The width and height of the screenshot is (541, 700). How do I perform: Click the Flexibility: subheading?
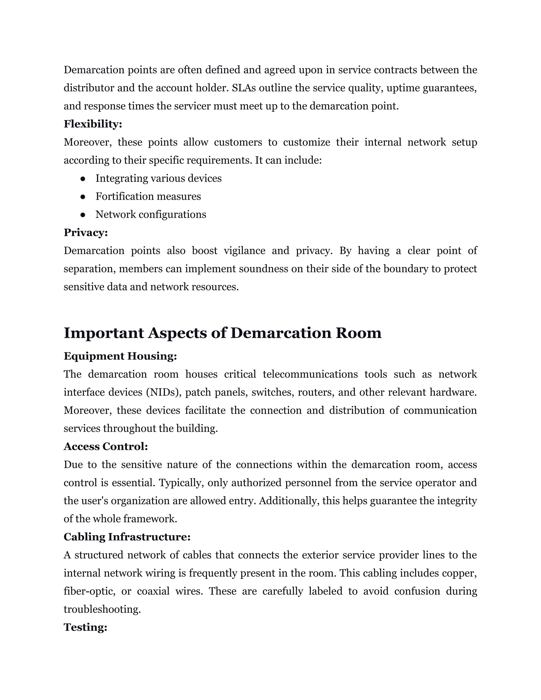pyautogui.click(x=93, y=124)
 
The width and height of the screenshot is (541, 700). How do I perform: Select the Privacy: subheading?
pyautogui.click(x=86, y=232)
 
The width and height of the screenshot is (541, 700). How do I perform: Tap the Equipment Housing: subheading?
pyautogui.click(x=120, y=356)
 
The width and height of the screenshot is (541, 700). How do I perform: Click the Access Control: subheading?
pyautogui.click(x=106, y=446)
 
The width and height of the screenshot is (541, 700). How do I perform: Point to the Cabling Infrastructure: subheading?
pyautogui.click(x=127, y=537)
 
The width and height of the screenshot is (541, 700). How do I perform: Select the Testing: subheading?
pyautogui.click(x=85, y=627)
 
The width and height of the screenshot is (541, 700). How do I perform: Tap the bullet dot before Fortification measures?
pyautogui.click(x=83, y=197)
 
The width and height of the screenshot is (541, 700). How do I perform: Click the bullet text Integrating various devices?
pyautogui.click(x=158, y=179)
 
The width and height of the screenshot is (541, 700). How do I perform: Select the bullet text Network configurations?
pyautogui.click(x=151, y=214)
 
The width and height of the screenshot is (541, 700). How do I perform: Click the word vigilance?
pyautogui.click(x=245, y=251)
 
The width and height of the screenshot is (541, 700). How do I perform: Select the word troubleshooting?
pyautogui.click(x=102, y=609)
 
